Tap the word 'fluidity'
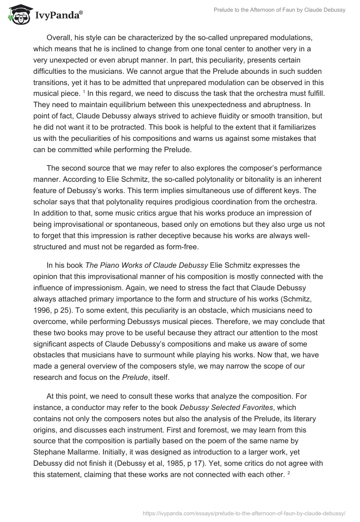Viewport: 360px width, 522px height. (216, 117)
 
